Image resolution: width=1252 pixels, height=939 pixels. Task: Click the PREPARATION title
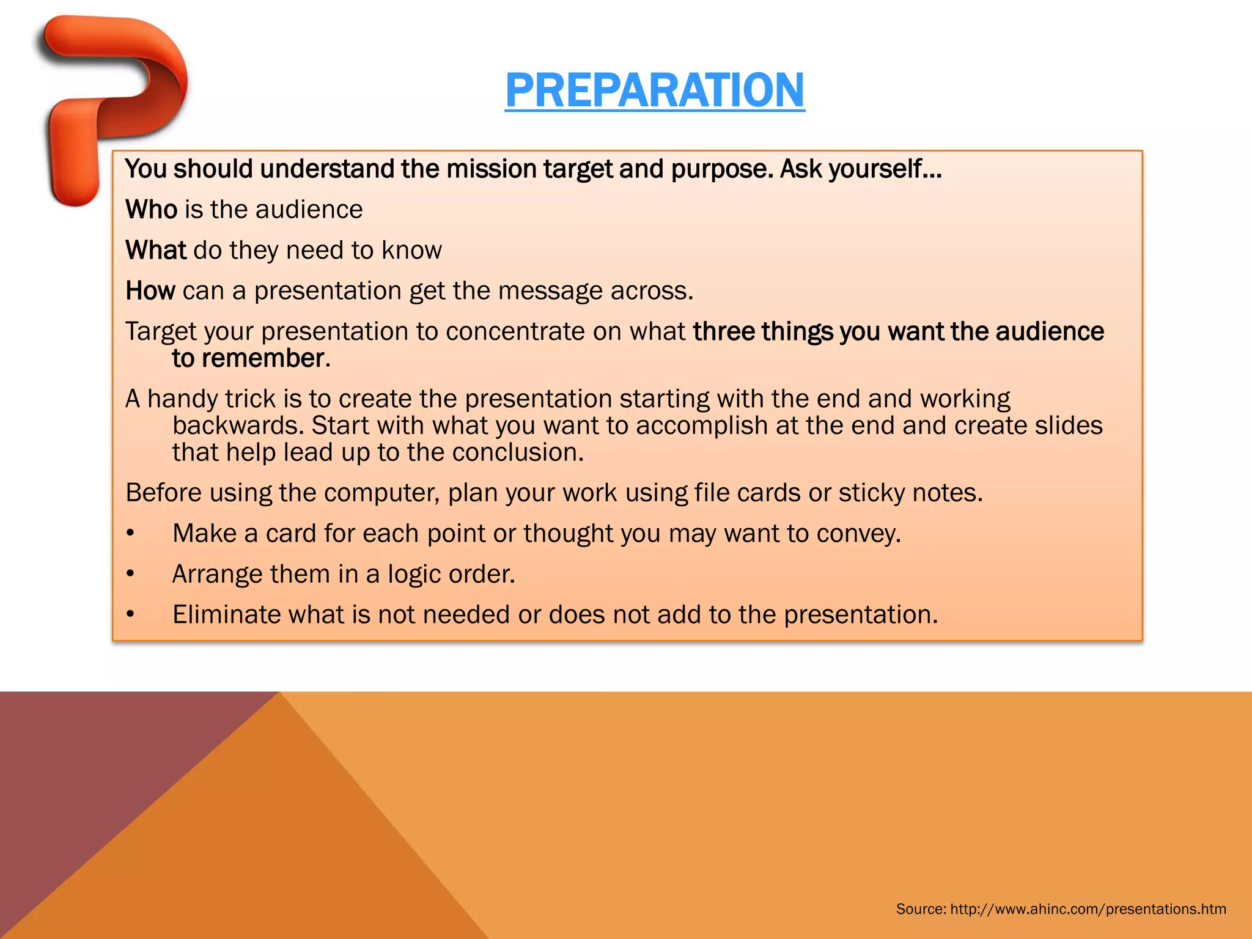(x=655, y=90)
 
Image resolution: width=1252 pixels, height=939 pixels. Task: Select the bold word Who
(x=151, y=210)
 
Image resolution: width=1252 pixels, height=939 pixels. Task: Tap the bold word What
(x=155, y=251)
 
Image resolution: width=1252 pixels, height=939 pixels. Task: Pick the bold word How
(x=150, y=291)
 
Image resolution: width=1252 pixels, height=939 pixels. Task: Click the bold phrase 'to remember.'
(x=251, y=359)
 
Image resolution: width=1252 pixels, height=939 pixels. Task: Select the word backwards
(x=238, y=425)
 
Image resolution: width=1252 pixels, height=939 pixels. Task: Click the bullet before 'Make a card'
(x=130, y=534)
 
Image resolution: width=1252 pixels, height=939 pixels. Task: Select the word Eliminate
(x=226, y=615)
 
